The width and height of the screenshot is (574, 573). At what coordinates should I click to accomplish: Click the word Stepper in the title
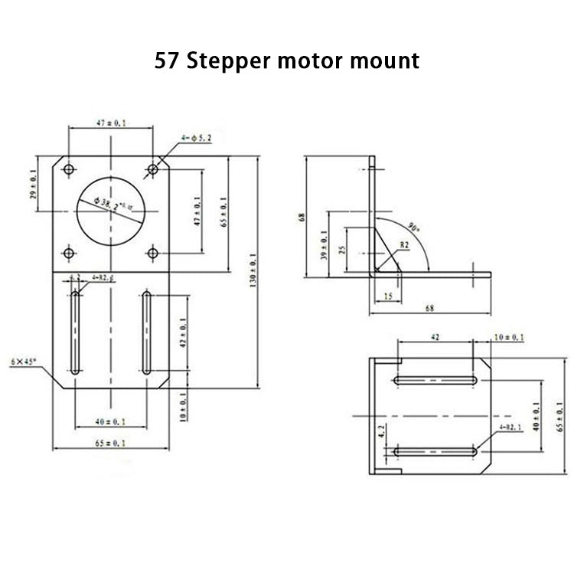pos(230,61)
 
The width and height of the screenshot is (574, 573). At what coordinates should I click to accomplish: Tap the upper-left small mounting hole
pos(69,169)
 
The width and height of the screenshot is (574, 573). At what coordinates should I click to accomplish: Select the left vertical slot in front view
pos(75,332)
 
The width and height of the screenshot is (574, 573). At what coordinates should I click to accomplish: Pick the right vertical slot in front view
pos(146,332)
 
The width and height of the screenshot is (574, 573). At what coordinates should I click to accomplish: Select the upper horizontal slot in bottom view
pos(436,380)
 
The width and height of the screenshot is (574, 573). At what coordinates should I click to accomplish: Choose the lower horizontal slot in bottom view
pos(436,453)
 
